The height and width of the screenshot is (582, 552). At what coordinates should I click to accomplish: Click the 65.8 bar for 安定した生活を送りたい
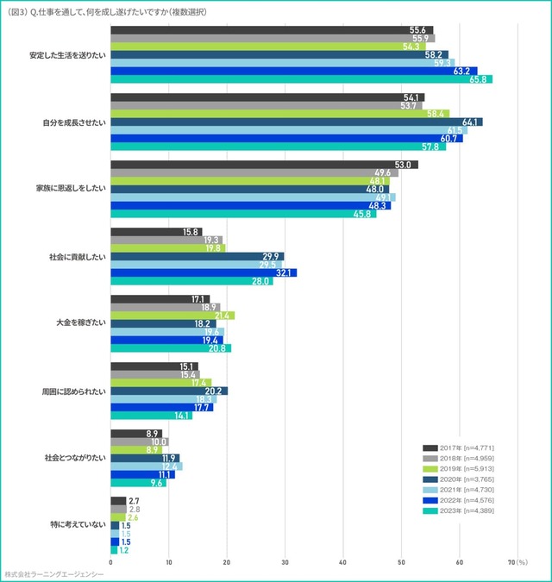point(301,79)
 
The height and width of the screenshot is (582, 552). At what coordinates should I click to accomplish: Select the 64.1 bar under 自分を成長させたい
point(297,122)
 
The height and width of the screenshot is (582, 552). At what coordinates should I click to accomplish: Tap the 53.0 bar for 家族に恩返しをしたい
point(264,165)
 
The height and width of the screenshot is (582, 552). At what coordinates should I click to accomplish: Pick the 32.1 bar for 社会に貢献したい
point(204,272)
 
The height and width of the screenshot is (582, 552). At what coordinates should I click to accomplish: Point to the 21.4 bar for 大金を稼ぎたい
point(172,316)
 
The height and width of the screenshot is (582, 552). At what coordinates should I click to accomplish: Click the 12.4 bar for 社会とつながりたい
point(147,466)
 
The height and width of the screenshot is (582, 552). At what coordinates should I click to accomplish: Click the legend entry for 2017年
point(457,448)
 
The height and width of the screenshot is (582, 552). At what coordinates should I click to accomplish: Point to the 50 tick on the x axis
point(401,562)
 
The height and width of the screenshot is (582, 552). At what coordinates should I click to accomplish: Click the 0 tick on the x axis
point(110,562)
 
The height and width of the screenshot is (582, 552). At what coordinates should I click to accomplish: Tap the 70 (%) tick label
point(517,562)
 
